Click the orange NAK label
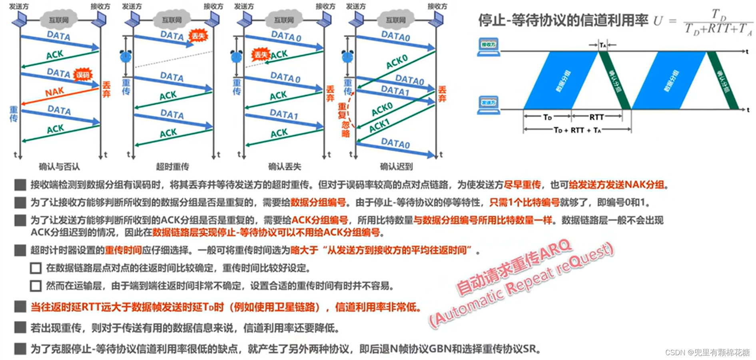coord(54,92)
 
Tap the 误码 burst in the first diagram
coord(83,75)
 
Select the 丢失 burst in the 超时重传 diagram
coord(198,36)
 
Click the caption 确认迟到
coord(396,166)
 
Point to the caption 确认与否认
coord(59,166)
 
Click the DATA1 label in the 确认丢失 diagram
coord(284,115)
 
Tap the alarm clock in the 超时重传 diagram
coord(126,56)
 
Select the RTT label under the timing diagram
coord(596,117)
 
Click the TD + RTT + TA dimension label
coord(577,130)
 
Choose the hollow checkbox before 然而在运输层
coord(36,286)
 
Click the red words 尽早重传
coord(522,185)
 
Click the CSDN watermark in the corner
coord(707,352)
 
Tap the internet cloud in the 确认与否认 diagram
coord(59,20)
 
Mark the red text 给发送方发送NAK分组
coord(616,185)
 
